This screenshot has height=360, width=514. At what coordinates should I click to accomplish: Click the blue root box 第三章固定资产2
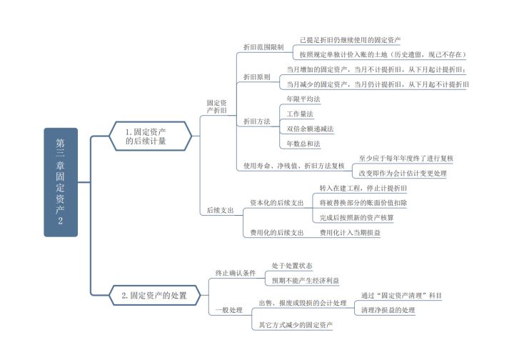pos(60,182)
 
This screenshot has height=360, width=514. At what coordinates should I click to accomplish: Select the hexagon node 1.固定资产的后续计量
pos(150,136)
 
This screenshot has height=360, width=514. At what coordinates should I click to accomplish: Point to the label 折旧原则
pos(256,76)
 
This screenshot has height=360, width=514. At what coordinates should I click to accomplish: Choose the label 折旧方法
pos(256,121)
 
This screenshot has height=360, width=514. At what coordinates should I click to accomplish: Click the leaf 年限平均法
pos(303,99)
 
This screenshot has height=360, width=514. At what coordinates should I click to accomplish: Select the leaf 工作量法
pos(300,114)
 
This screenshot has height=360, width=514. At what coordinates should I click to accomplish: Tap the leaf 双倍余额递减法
pos(310,129)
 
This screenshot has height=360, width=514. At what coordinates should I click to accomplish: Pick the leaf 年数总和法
pos(303,144)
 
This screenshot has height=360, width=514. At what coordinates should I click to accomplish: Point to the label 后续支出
pos(220,211)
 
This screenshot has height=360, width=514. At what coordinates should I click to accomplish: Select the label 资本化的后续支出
pos(277,203)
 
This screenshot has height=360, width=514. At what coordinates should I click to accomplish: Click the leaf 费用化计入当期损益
pos(350,233)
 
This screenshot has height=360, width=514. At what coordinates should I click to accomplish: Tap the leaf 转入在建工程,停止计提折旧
pos(363,188)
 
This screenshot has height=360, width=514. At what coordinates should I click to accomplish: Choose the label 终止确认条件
pos(236,273)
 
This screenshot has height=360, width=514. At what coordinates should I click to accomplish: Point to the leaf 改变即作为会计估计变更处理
pos(402,173)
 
